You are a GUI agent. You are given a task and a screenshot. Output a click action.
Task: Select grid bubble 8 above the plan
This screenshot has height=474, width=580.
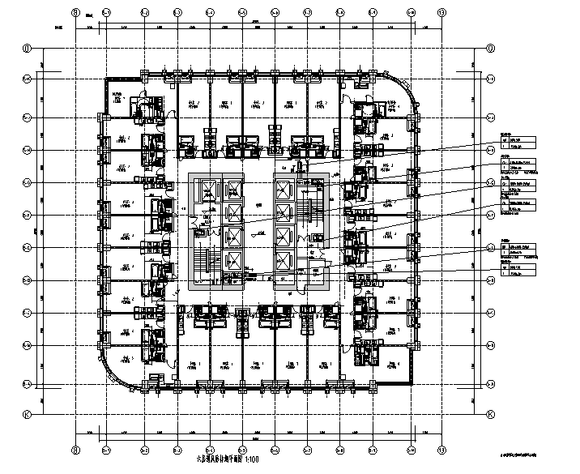coord(75,13)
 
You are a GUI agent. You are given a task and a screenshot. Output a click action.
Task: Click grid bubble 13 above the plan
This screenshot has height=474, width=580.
coord(441,13)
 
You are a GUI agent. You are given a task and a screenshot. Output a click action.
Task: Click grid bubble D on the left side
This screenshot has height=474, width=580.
coord(27,48)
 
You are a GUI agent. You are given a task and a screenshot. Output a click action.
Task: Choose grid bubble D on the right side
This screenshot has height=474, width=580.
coord(491,48)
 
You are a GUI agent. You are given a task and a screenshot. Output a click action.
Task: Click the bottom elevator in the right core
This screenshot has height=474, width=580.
coord(283,261)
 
